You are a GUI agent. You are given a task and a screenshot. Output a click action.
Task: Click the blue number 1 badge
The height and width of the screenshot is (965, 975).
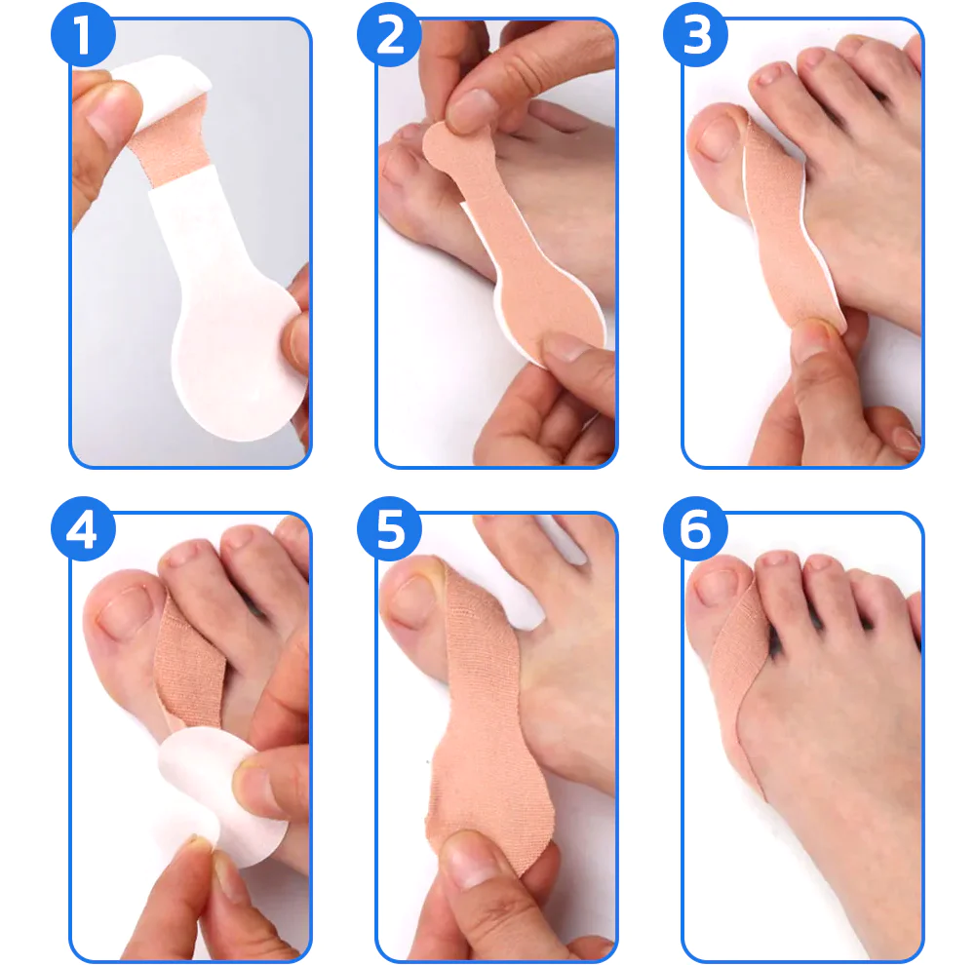click(82, 36)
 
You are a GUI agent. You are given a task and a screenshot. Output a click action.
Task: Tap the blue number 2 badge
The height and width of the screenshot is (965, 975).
click(389, 36)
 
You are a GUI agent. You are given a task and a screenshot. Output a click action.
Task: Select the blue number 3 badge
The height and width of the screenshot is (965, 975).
click(695, 36)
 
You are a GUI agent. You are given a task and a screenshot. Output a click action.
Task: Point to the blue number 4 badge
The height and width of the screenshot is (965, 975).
click(82, 531)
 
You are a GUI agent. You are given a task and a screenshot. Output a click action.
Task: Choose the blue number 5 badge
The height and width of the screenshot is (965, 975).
click(389, 531)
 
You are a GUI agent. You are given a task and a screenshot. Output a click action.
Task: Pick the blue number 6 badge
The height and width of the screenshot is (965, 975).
click(695, 531)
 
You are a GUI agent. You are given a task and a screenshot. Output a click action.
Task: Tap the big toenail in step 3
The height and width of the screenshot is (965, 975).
click(719, 137)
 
